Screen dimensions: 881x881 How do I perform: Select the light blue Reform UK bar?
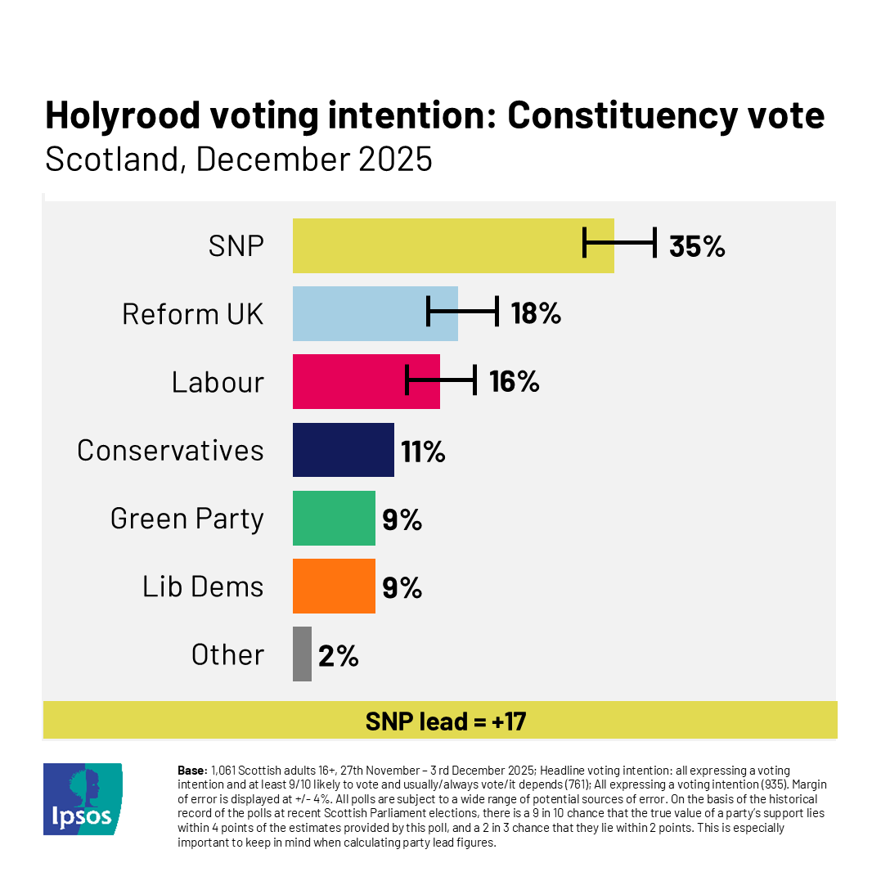pos(360,313)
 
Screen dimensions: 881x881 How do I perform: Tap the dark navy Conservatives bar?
pos(344,449)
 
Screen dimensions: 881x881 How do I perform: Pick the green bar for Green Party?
pos(334,518)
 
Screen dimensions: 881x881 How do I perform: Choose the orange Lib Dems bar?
pos(334,586)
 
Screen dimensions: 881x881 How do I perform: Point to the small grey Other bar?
pos(302,654)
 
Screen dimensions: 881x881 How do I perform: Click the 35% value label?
pos(697,246)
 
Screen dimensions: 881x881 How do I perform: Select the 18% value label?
pos(536,313)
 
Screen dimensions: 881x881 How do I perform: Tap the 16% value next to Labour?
pos(515,381)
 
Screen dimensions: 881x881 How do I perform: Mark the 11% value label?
pos(423,450)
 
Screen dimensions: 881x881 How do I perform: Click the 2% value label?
pos(339,654)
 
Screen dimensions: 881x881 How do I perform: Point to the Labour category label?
pos(218,382)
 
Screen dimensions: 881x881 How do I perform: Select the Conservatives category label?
pos(170,450)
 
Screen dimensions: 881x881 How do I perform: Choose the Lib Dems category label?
pos(203,587)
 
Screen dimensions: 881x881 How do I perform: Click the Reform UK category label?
pos(193,313)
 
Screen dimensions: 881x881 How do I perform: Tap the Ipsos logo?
pos(83,798)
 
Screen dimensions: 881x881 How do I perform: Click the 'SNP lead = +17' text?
pos(445,721)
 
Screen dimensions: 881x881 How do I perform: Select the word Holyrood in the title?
pos(122,116)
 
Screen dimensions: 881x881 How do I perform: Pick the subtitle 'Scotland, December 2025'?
pos(238,159)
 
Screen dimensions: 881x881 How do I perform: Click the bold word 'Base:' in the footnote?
pos(192,771)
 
